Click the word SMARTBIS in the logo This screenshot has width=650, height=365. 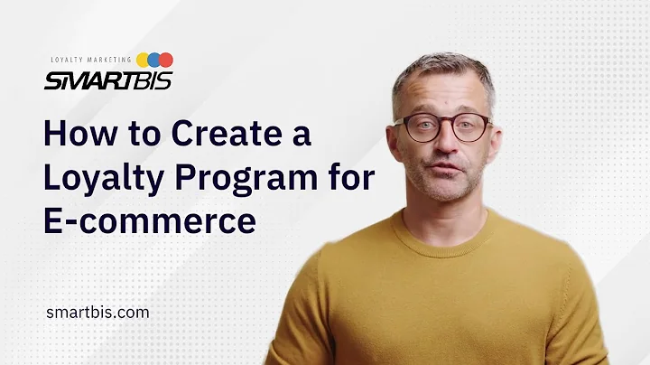click(107, 80)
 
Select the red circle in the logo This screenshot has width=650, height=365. click(165, 61)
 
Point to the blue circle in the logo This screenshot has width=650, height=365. click(153, 61)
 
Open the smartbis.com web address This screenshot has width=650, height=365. click(97, 312)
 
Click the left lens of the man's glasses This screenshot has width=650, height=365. click(416, 128)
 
